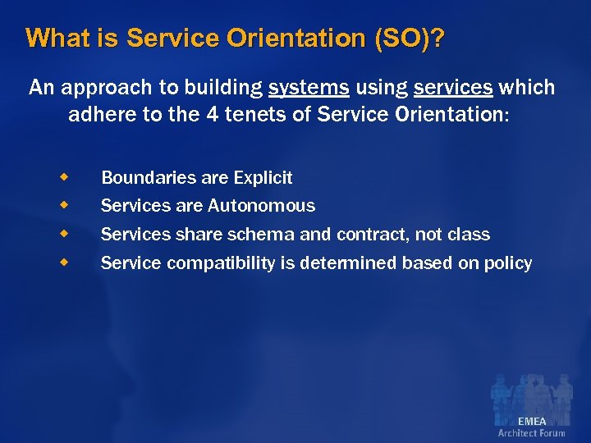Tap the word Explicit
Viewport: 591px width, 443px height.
[x=263, y=177]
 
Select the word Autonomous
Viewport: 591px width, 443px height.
[x=261, y=206]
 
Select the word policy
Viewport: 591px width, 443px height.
[x=507, y=263]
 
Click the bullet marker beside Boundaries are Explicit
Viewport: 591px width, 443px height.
[x=63, y=176]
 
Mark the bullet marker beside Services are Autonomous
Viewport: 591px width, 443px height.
[x=63, y=205]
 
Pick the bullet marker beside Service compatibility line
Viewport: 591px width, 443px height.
[x=63, y=263]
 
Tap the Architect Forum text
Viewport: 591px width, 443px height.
[x=531, y=433]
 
